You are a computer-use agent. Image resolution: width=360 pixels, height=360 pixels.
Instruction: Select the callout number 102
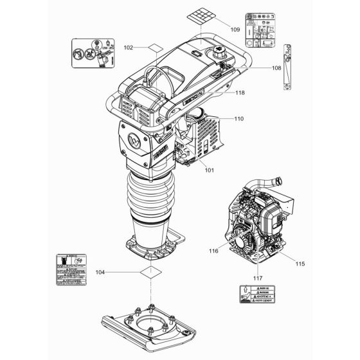click(129, 47)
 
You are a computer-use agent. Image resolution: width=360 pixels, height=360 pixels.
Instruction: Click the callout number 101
click(209, 170)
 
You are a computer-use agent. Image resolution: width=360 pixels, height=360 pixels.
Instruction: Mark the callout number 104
click(117, 273)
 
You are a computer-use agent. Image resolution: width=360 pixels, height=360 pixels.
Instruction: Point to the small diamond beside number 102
click(153, 48)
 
